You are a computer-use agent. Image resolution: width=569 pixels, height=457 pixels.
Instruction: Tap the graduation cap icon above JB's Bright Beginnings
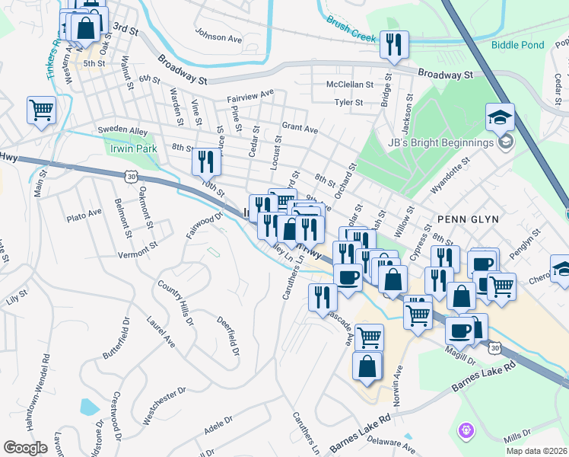tap(501, 117)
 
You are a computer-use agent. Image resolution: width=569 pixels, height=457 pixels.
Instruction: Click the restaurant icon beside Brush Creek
tap(394, 44)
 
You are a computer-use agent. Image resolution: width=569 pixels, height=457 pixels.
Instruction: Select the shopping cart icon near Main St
tap(41, 109)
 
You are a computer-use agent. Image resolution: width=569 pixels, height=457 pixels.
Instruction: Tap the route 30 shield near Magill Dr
tap(495, 347)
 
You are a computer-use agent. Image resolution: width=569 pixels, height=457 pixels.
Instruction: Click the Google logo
tap(26, 447)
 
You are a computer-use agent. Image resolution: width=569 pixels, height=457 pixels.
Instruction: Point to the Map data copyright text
tap(536, 451)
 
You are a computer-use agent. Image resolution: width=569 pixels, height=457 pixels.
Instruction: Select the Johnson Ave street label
tap(218, 34)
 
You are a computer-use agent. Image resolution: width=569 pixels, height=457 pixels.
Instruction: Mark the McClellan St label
tap(349, 85)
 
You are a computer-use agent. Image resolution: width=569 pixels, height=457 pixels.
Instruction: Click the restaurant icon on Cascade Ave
tap(323, 296)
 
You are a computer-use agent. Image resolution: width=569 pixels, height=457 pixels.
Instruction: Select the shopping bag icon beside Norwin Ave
tap(367, 366)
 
